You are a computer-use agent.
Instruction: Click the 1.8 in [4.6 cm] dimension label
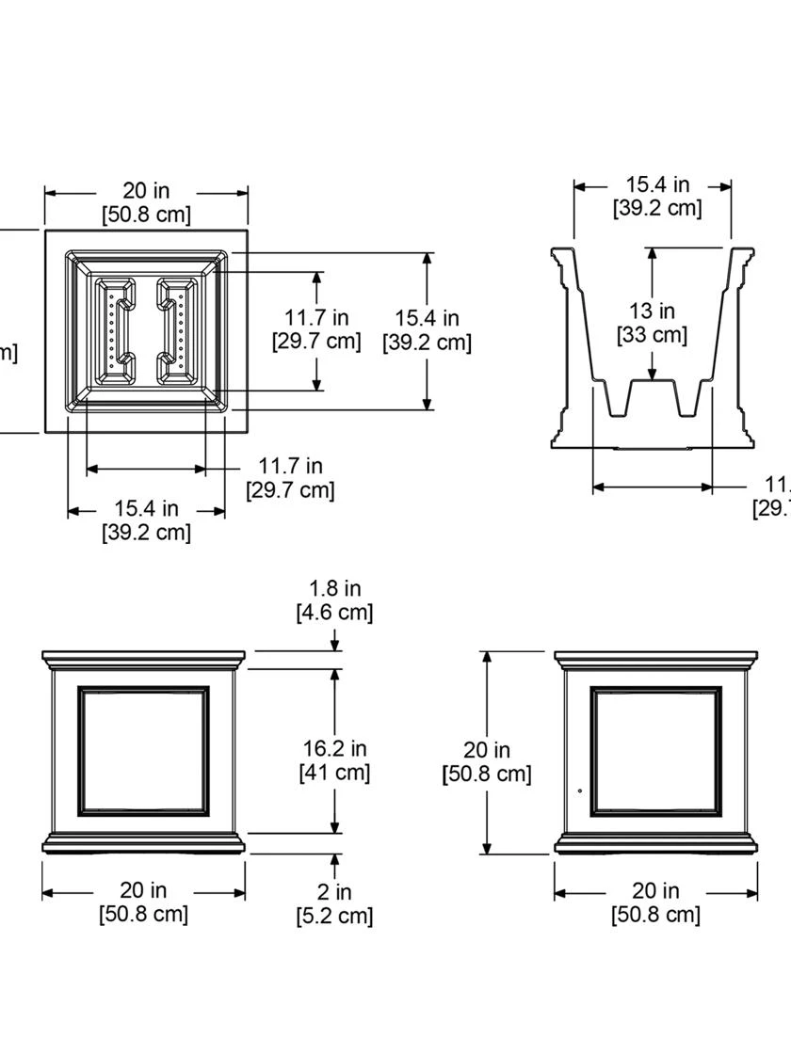[x=335, y=600]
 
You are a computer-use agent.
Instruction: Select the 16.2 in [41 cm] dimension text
[x=334, y=760]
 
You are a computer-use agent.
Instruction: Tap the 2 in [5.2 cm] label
[x=334, y=903]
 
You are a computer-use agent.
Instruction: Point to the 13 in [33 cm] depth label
[x=652, y=322]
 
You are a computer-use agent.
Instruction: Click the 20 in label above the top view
[x=146, y=203]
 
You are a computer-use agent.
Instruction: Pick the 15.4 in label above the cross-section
[x=657, y=196]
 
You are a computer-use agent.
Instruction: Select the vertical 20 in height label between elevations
[x=487, y=761]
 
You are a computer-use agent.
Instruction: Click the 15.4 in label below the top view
[x=146, y=519]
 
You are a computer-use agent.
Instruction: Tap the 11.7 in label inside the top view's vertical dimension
[x=316, y=329]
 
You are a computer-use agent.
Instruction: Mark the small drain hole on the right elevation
[x=579, y=790]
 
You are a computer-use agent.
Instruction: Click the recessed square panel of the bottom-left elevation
[x=144, y=751]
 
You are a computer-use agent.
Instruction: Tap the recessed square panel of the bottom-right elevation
[x=656, y=751]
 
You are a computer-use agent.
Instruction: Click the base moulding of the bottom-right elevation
[x=656, y=843]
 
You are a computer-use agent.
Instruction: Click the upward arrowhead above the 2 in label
[x=334, y=861]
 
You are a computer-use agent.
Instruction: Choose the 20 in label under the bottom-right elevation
[x=656, y=902]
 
